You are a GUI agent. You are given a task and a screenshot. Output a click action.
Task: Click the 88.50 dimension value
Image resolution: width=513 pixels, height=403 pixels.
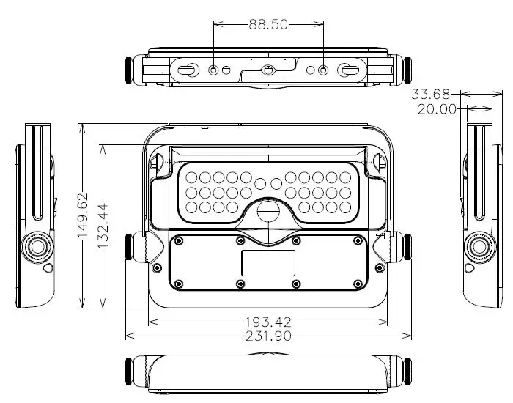268,24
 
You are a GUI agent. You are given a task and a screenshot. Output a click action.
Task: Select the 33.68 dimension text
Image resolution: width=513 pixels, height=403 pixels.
431,94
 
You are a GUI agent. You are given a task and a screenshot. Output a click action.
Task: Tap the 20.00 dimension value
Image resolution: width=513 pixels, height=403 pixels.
438,109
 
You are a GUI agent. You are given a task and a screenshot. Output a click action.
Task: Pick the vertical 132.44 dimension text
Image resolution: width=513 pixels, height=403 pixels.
103,226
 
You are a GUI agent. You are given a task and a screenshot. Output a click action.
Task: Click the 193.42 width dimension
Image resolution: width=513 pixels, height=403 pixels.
269,322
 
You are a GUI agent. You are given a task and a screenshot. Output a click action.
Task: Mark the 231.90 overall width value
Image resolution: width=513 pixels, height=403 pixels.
269,336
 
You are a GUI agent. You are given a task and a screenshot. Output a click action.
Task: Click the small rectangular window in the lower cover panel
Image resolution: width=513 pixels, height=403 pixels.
268,262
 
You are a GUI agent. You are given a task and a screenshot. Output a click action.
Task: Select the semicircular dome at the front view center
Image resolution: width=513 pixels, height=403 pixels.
268,212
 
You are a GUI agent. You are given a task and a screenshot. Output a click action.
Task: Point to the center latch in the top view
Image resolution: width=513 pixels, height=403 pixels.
268,71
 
